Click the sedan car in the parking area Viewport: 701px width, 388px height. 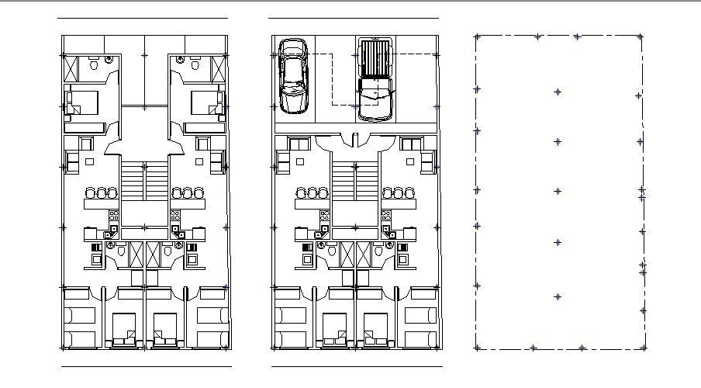pyautogui.click(x=294, y=76)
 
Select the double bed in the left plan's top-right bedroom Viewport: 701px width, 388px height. pyautogui.click(x=205, y=103)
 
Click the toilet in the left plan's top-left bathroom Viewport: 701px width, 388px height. pyautogui.click(x=94, y=67)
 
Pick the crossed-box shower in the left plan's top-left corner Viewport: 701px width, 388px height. pyautogui.click(x=71, y=68)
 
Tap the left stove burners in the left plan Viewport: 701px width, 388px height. pyautogui.click(x=114, y=216)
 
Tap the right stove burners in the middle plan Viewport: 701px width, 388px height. pyautogui.click(x=385, y=216)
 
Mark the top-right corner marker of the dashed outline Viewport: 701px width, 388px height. pyautogui.click(x=641, y=36)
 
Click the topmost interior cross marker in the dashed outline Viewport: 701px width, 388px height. pyautogui.click(x=557, y=92)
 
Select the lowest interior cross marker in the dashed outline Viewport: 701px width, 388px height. pyautogui.click(x=557, y=297)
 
